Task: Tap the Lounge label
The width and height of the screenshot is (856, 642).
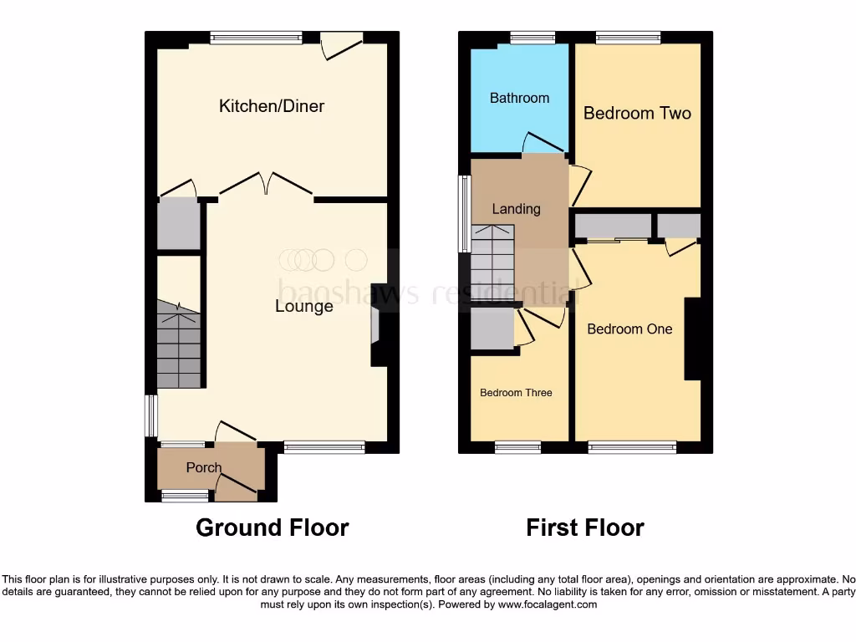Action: coord(304,307)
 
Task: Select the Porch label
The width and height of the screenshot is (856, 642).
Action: coord(204,468)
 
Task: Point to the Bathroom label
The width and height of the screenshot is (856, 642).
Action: coord(519,98)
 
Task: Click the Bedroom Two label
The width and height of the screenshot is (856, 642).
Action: coord(637,113)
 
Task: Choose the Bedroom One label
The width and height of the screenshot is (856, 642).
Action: coord(629,329)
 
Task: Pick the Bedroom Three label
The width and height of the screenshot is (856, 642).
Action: coord(516,393)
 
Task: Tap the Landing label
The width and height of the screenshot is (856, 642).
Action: coord(516,209)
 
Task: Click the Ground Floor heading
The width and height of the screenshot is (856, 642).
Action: coord(272,527)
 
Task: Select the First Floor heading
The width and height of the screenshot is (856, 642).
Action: coord(585,527)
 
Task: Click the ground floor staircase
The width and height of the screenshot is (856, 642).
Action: coord(179,346)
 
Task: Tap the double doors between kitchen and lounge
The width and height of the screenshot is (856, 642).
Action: coord(267,182)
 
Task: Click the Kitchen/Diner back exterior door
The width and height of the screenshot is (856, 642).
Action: coord(341,45)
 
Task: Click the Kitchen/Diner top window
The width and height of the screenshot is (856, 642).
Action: coord(256,37)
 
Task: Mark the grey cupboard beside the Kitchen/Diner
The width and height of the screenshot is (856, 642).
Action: coord(179,224)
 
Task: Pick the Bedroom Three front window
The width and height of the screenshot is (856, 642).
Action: coord(518,448)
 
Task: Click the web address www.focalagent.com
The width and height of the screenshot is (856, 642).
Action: coord(548,604)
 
